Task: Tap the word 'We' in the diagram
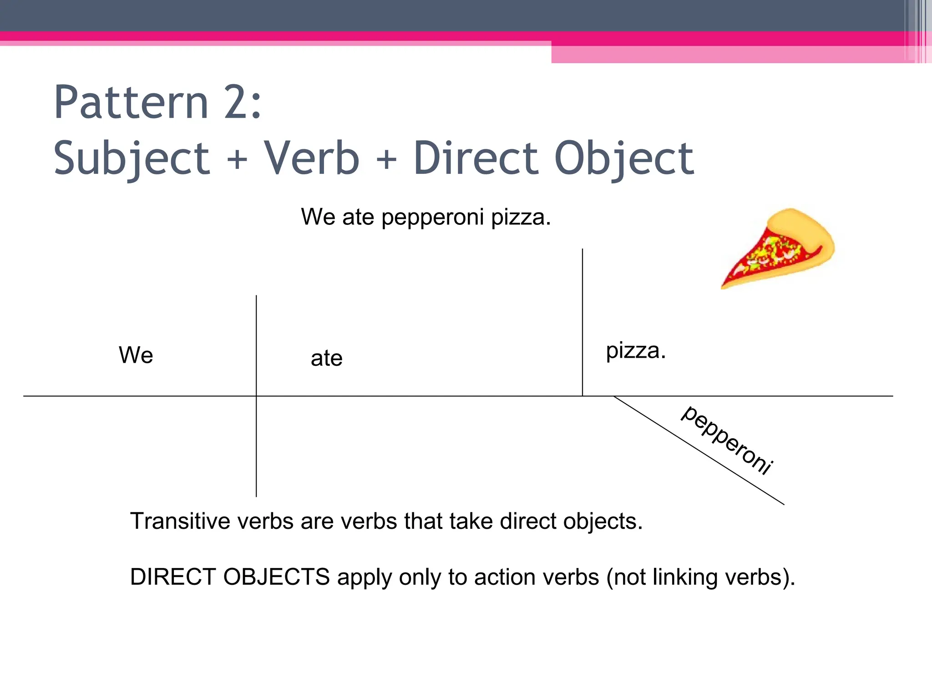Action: [136, 355]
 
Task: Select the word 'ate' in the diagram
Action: [326, 358]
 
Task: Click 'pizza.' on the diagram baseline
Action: [635, 351]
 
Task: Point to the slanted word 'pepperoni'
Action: [727, 440]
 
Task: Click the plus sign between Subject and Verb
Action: [237, 160]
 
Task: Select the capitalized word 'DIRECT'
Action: [173, 577]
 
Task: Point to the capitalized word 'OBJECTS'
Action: [276, 577]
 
